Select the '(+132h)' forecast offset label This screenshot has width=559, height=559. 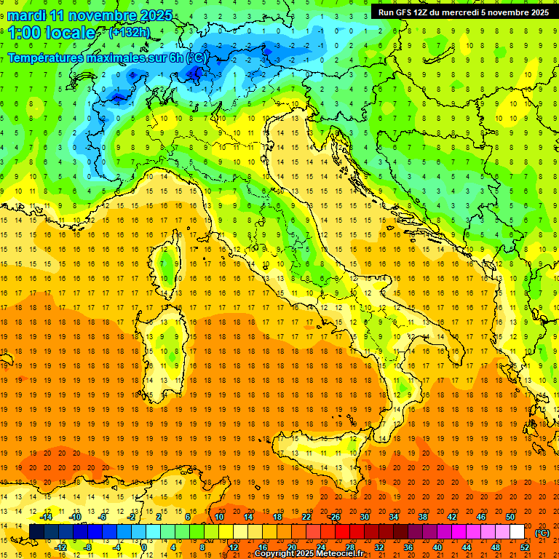pyautogui.click(x=130, y=32)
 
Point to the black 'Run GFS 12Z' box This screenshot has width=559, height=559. pyautogui.click(x=460, y=12)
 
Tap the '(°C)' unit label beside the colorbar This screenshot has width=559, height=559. pyautogui.click(x=542, y=533)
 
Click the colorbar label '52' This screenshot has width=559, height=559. pyautogui.click(x=525, y=547)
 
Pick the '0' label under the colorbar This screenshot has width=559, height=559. pyautogui.click(x=144, y=547)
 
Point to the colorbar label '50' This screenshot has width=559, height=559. pyautogui.click(x=510, y=517)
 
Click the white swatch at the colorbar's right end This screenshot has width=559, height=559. pyautogui.click(x=517, y=532)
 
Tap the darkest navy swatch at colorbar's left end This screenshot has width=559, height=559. pyautogui.click(x=36, y=532)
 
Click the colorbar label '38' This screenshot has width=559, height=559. pyautogui.click(x=422, y=517)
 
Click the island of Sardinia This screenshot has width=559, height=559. pyautogui.click(x=166, y=342)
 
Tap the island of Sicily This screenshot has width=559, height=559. pyautogui.click(x=320, y=466)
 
